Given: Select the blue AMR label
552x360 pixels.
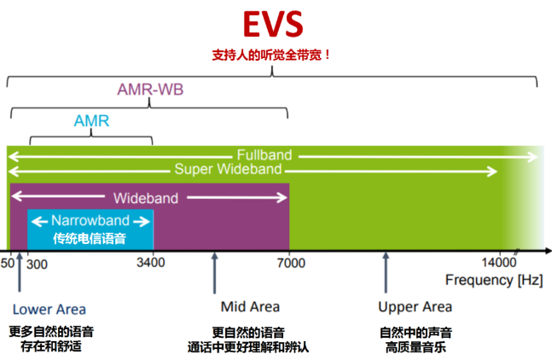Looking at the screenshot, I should [x=90, y=121].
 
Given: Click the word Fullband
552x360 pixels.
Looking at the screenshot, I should [x=264, y=155].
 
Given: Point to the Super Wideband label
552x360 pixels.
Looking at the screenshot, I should [x=228, y=170].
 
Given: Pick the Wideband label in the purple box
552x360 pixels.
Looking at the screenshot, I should [x=146, y=198].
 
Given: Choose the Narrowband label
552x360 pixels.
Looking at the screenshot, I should [x=90, y=221].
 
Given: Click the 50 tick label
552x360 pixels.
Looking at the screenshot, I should [x=9, y=263].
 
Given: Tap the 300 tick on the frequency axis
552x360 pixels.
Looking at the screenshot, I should [x=37, y=263].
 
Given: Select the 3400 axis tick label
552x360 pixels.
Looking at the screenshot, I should [x=150, y=263].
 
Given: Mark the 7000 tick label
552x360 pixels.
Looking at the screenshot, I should [x=290, y=263].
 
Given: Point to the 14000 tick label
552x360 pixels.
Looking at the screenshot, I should [x=498, y=263].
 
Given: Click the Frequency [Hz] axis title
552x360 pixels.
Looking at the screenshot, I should [x=493, y=280].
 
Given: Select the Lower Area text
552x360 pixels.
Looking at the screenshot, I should [x=49, y=309].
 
